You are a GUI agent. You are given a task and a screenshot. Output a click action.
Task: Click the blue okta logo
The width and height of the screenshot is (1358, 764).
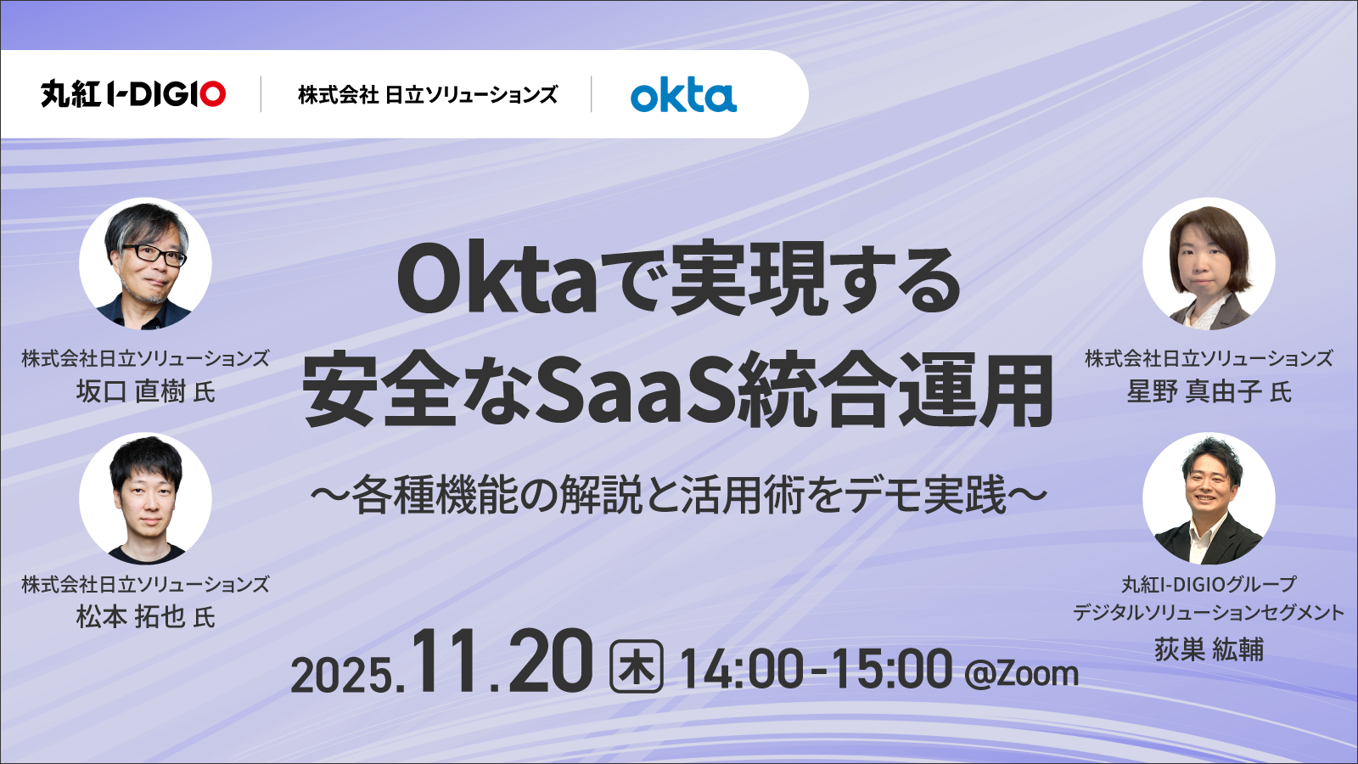click(683, 94)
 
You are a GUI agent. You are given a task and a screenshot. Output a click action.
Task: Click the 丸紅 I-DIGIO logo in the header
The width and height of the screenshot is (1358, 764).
click(133, 94)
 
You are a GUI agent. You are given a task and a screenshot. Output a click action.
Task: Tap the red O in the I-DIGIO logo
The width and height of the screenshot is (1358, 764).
click(213, 94)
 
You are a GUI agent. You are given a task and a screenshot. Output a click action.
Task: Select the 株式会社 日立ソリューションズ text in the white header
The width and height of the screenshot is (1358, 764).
click(428, 94)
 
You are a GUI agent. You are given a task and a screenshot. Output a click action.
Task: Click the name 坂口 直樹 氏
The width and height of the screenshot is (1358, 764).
click(145, 391)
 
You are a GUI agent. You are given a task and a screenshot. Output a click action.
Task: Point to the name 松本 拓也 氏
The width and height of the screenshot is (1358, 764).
click(145, 616)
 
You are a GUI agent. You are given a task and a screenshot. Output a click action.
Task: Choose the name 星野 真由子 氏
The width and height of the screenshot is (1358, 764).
click(1209, 391)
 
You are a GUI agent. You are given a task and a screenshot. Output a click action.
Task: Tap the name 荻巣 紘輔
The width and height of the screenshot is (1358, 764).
click(1209, 649)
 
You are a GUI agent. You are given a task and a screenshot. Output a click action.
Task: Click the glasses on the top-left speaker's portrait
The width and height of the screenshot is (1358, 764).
click(154, 255)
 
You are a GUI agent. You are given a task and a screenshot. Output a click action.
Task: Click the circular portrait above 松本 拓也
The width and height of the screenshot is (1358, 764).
click(145, 498)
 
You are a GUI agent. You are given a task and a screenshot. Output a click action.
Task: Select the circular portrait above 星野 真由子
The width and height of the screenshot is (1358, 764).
click(1209, 264)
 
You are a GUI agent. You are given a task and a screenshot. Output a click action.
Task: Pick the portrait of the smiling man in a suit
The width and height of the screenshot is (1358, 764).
click(1209, 498)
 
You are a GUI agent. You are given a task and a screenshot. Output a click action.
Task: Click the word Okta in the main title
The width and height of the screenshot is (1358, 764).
click(497, 281)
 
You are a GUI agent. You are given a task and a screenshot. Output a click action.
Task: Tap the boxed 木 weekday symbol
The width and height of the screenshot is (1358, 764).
click(636, 666)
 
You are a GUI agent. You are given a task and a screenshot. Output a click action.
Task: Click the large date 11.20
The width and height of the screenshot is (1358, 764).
click(502, 661)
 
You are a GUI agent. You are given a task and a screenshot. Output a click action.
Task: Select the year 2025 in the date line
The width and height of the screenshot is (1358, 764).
click(343, 674)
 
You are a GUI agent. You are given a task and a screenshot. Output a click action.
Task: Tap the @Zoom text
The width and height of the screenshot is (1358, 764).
click(1022, 674)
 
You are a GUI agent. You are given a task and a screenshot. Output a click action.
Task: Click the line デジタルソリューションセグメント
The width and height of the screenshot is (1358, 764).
click(1209, 612)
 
